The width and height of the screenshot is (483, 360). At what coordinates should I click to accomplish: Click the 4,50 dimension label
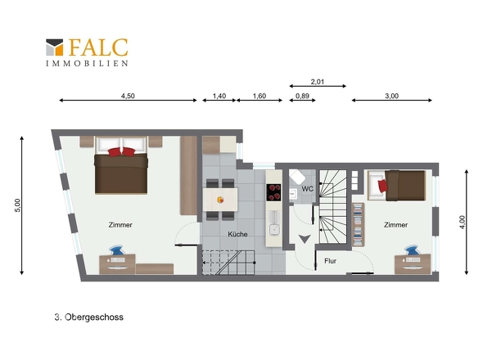(128, 96)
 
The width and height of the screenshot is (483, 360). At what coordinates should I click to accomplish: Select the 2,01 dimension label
(318, 82)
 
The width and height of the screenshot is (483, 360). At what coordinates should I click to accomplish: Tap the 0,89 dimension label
(302, 96)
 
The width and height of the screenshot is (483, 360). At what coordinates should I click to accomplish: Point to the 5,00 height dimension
(17, 205)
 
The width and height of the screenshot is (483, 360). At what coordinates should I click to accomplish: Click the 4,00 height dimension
(462, 222)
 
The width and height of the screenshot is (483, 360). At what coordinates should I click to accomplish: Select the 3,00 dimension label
(391, 96)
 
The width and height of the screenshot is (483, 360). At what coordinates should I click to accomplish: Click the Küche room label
(237, 234)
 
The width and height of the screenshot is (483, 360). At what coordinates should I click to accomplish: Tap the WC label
(308, 189)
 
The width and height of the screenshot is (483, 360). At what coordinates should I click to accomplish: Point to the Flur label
(330, 261)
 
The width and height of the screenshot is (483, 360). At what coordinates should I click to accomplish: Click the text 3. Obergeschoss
(89, 317)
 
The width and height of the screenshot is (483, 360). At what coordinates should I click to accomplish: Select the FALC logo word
(98, 47)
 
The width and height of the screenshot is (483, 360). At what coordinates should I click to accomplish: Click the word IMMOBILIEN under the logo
(87, 64)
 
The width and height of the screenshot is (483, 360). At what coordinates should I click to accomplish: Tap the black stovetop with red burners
(273, 192)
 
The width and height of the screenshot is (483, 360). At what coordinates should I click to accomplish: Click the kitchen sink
(274, 229)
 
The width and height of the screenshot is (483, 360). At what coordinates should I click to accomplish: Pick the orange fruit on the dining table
(220, 200)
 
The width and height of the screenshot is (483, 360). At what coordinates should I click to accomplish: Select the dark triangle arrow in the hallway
(305, 239)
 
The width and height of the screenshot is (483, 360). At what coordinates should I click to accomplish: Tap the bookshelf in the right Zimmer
(358, 224)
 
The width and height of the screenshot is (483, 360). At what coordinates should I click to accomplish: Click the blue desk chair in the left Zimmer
(116, 250)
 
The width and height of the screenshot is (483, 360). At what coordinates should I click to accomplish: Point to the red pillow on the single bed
(382, 186)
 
